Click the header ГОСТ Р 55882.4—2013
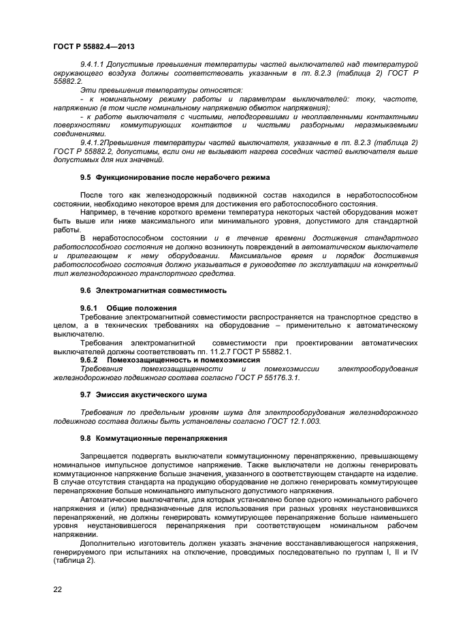(93, 46)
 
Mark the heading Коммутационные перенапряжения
(161, 438)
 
